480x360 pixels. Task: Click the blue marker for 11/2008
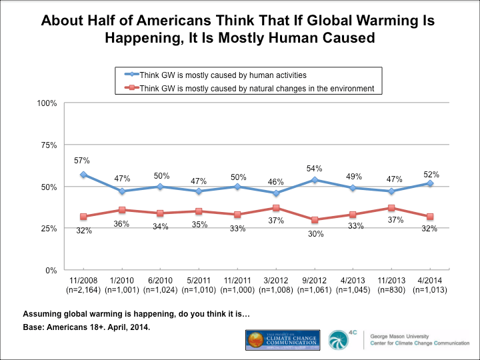click(83, 175)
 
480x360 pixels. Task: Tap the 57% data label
click(83, 160)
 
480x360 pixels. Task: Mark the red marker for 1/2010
click(121, 210)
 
